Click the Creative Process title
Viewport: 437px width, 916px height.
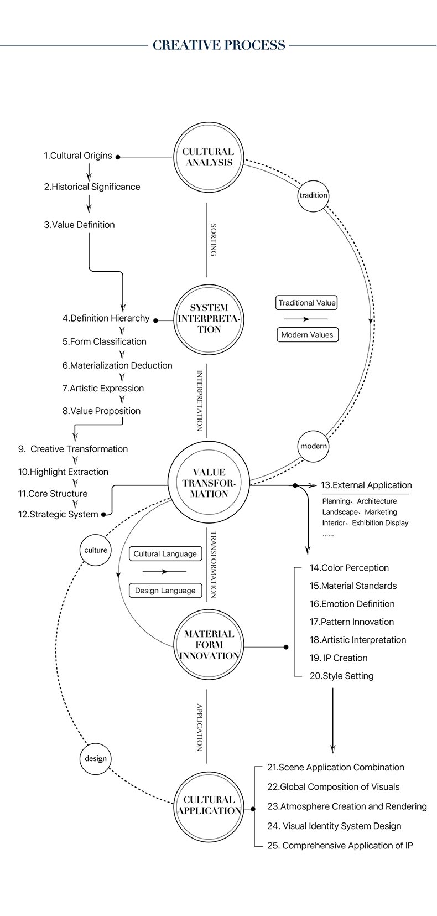point(218,45)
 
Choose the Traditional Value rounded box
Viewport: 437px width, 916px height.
point(307,303)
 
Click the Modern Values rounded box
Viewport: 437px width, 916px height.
point(308,334)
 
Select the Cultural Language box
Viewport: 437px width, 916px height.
point(165,553)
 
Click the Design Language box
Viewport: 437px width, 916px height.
point(165,591)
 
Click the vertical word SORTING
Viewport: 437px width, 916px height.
point(213,240)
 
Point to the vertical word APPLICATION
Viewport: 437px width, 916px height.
point(200,727)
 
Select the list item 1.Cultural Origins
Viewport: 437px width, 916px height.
point(77,156)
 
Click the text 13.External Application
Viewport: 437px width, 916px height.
point(366,485)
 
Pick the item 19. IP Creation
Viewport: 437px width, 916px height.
point(339,658)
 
